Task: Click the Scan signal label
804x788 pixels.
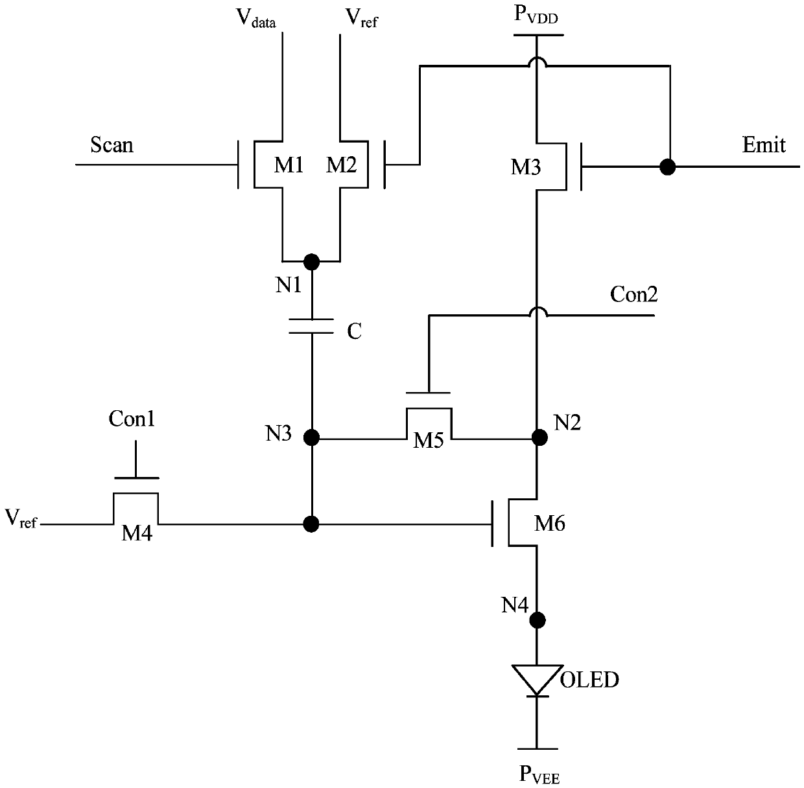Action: (x=112, y=145)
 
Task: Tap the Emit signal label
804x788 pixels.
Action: (x=764, y=145)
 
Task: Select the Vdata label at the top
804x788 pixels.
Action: (x=256, y=18)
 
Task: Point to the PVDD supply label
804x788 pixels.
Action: (x=536, y=15)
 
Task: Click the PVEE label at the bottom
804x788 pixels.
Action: (x=539, y=774)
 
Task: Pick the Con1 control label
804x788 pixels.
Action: (x=132, y=419)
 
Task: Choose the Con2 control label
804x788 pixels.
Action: (x=633, y=294)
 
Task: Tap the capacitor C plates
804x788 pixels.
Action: (x=311, y=327)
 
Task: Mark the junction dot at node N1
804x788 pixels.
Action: (x=311, y=262)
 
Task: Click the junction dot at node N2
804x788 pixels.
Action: (x=539, y=437)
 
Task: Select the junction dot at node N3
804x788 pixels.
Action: (x=311, y=438)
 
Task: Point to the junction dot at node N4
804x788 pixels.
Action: (x=538, y=620)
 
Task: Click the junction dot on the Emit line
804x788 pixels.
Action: (x=668, y=167)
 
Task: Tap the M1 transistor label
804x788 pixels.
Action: (x=289, y=165)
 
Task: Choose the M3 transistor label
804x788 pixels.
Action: (x=526, y=167)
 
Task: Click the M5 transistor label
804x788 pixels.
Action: (x=428, y=441)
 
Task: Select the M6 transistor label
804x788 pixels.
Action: (x=550, y=524)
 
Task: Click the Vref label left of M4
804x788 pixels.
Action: (x=21, y=519)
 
